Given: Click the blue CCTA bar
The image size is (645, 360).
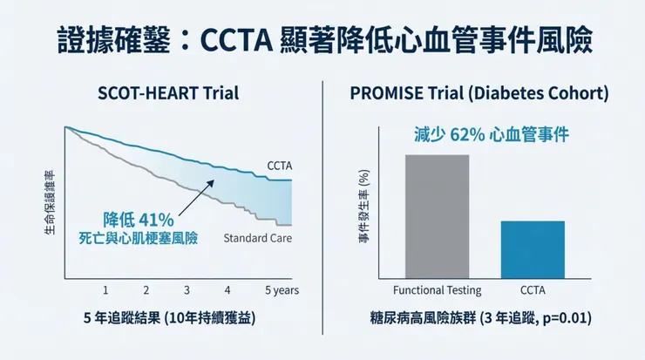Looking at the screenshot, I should (533, 249).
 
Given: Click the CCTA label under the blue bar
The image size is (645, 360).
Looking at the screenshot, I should (533, 289).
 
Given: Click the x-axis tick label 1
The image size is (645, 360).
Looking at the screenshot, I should (105, 289).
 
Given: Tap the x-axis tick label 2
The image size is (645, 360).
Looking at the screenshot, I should (146, 289).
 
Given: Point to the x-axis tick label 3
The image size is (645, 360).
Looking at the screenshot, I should (187, 289).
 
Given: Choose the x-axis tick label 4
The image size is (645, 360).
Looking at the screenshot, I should (227, 289).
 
